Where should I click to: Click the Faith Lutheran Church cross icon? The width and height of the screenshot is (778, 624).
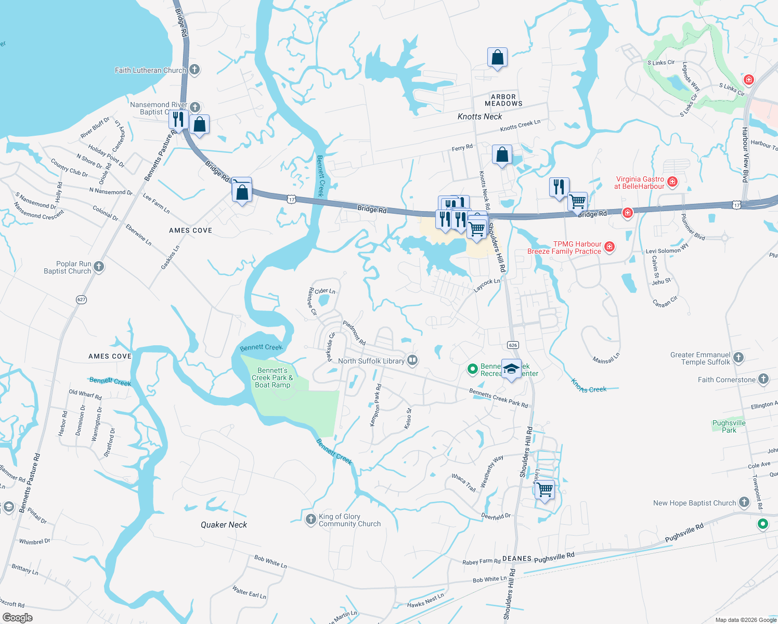(x=194, y=70)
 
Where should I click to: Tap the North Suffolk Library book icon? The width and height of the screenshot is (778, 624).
(x=412, y=360)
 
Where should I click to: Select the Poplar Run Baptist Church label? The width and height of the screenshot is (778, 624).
(x=67, y=267)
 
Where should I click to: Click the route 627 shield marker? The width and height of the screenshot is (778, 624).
(x=81, y=300)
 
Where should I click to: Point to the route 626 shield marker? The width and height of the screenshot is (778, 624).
(x=513, y=345)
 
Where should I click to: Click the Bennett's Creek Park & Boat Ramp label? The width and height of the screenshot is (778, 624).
(x=273, y=378)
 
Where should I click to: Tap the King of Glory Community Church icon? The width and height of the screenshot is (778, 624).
(x=310, y=519)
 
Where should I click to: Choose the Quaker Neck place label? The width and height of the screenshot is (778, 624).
(x=224, y=525)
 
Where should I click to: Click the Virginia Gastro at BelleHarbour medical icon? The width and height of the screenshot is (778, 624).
(x=672, y=181)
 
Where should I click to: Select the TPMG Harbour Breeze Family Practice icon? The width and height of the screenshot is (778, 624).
(x=610, y=246)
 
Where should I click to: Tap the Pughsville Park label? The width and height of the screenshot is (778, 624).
(x=729, y=426)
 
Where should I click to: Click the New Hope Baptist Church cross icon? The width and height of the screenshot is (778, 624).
(x=744, y=502)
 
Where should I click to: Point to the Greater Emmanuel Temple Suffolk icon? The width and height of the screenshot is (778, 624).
(x=738, y=357)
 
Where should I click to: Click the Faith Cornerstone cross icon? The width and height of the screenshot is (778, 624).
(x=763, y=379)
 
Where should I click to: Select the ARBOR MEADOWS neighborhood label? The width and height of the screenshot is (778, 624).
(x=503, y=100)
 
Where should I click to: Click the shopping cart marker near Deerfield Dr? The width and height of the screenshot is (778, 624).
(x=544, y=489)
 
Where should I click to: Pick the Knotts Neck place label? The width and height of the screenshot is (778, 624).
(x=479, y=116)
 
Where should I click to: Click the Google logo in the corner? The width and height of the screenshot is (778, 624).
(x=18, y=618)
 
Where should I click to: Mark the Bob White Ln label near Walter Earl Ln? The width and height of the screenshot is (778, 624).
(x=270, y=562)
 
